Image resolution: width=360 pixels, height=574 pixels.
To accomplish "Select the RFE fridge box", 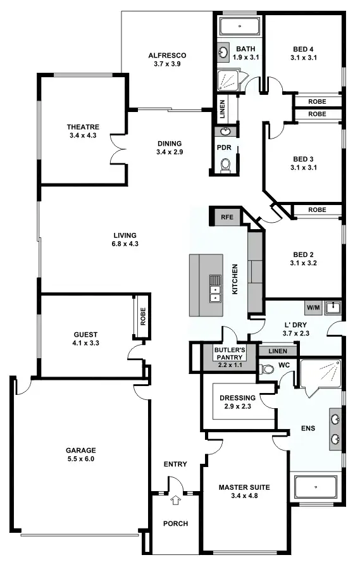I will coord(227,217).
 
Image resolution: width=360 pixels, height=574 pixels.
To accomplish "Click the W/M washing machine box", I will coord(314,308).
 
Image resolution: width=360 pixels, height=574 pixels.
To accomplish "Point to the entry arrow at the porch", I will coord(176,501).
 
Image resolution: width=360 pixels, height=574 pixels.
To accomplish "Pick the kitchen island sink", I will coord(215,287).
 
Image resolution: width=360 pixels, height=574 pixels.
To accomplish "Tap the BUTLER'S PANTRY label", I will coord(229,352).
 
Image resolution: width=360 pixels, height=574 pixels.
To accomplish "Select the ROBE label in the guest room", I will coord(142,315).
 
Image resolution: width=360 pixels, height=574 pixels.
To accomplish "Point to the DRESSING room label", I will coord(237,398).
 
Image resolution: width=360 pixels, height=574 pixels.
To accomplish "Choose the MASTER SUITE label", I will coord(244,487).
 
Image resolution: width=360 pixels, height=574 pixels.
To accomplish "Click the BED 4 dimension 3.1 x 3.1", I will coord(303,58).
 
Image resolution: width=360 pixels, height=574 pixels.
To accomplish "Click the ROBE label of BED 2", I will coord(317,210).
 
